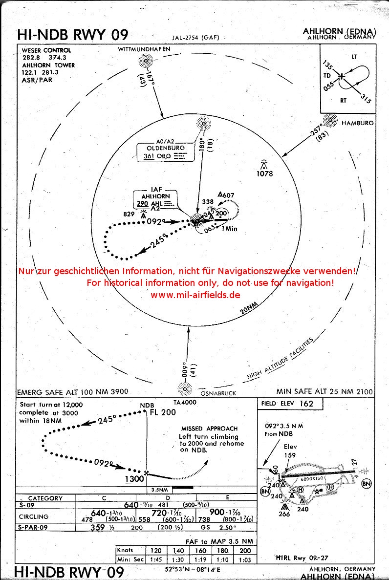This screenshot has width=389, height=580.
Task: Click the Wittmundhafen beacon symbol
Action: pos(145,61)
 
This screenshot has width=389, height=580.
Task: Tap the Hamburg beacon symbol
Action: pos(331,120)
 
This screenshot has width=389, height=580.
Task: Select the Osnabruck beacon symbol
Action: pos(185,389)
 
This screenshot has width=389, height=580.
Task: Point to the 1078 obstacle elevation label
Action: pos(266,173)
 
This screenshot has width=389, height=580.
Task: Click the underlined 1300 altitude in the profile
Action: pos(134,479)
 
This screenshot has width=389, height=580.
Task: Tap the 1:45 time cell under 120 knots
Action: pos(156,559)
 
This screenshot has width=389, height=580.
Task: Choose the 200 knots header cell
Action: pos(245,550)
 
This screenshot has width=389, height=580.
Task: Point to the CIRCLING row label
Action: pos(34,516)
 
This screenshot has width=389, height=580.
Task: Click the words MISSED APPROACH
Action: pos(209,429)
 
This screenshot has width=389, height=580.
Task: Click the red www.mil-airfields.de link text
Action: pos(195,295)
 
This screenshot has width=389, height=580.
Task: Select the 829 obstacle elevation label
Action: pos(129,214)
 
